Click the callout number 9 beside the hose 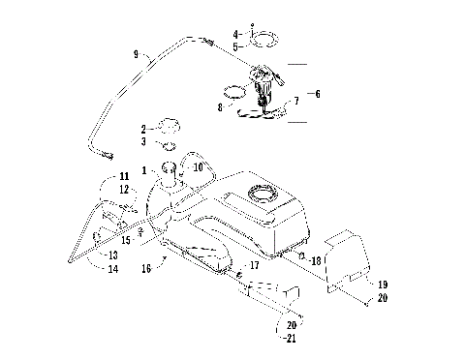click(x=136, y=54)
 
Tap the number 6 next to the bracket click(x=317, y=94)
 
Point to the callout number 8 click(x=221, y=109)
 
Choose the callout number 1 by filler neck click(x=144, y=170)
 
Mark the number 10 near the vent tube click(x=199, y=167)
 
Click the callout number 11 click(x=124, y=176)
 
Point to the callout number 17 click(x=255, y=264)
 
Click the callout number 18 click(x=315, y=260)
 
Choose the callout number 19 click(x=383, y=285)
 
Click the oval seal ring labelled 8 click(x=232, y=93)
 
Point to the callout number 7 click(x=295, y=101)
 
